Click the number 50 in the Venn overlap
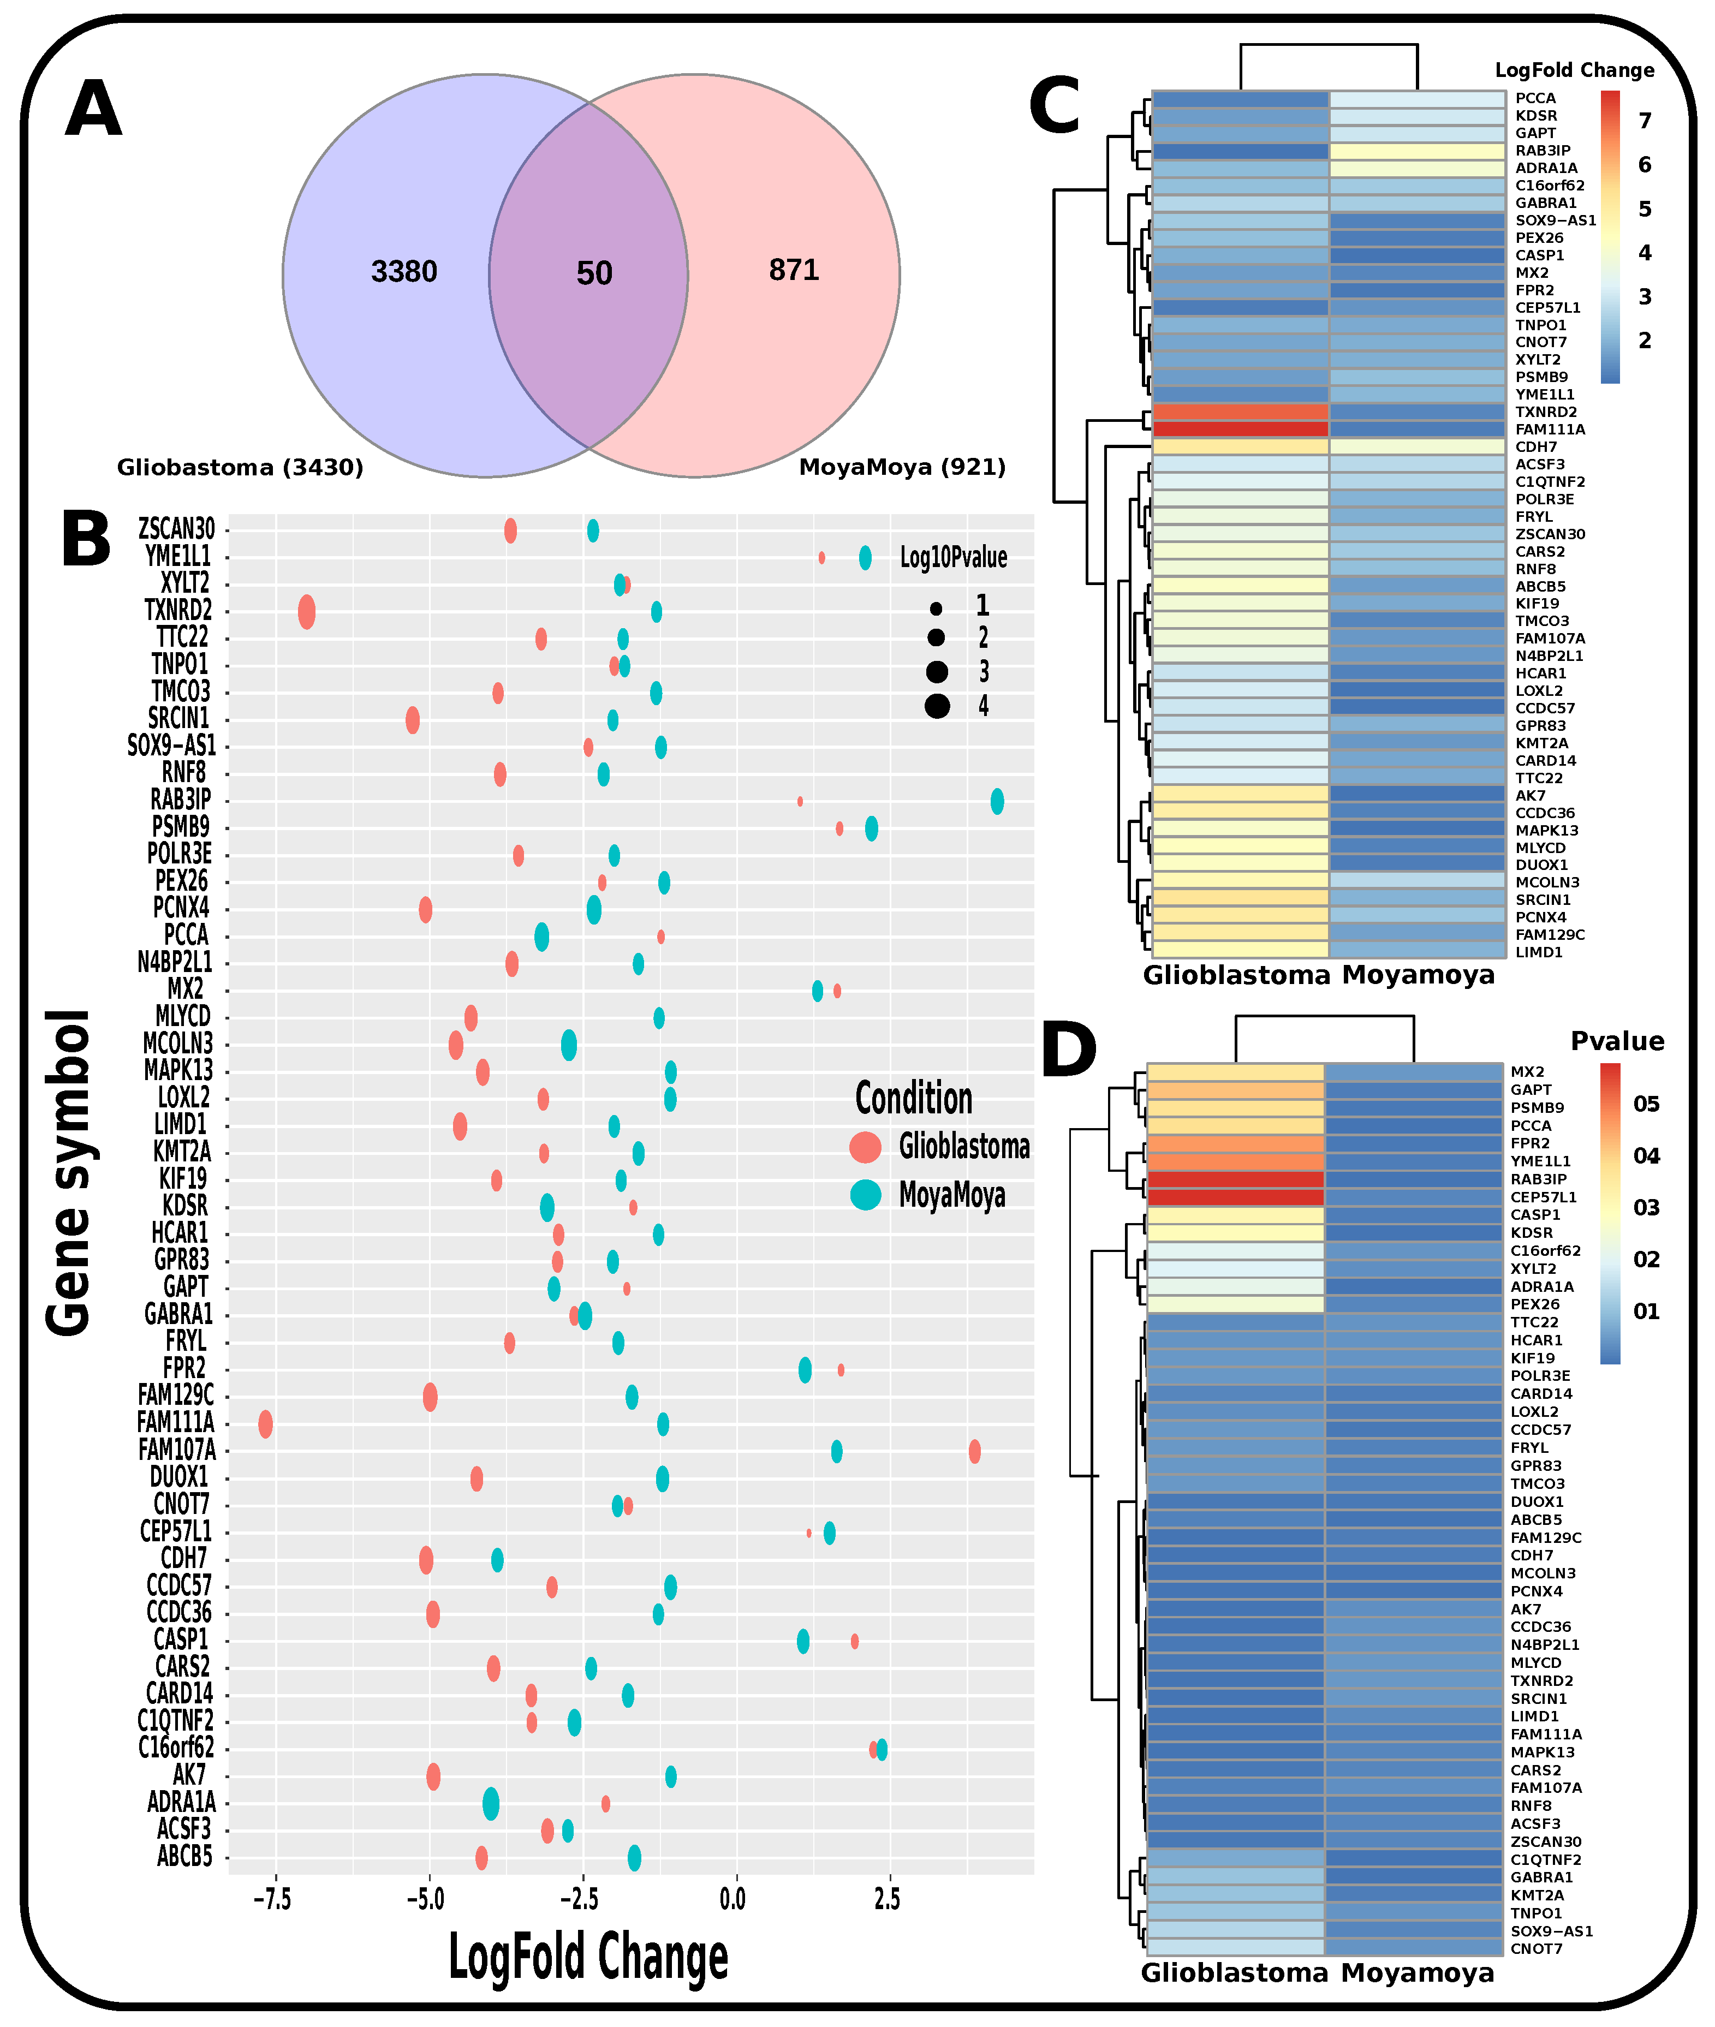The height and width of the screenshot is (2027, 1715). (594, 273)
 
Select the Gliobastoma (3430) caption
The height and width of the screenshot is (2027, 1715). (240, 468)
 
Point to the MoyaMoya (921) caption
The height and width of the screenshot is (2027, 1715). (902, 468)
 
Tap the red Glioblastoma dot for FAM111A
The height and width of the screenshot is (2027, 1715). (265, 1425)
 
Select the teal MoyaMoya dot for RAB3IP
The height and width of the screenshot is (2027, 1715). (997, 802)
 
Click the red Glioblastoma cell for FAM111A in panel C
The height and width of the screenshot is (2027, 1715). (1240, 429)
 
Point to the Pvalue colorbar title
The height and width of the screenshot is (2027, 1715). (1617, 1041)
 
